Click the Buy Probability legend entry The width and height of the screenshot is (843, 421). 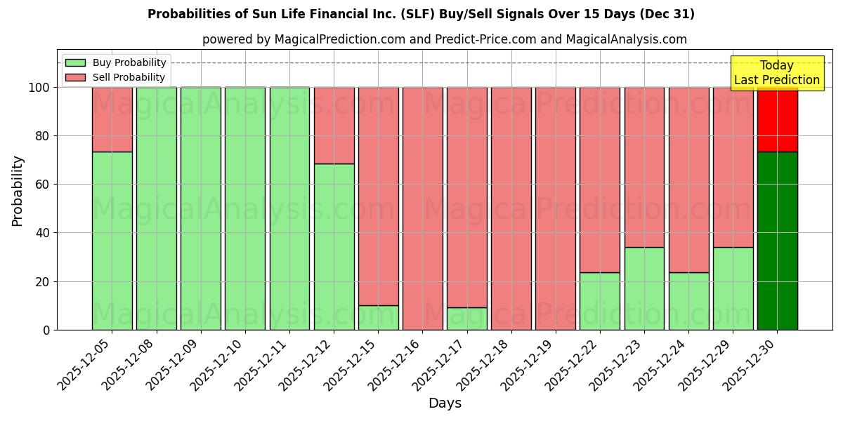pos(115,62)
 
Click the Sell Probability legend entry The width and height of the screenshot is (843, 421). pos(115,77)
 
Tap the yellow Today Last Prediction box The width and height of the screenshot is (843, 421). pos(776,73)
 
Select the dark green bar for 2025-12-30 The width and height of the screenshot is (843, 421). pos(778,241)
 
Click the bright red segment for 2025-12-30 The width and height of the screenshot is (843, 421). pos(778,119)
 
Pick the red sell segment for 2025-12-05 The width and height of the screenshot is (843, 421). pos(112,119)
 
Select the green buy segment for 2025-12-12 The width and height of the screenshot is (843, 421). pos(334,246)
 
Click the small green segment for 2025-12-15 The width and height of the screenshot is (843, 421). pos(379,317)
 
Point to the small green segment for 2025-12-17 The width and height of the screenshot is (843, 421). pos(467,319)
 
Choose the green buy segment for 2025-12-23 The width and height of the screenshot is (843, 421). pos(644,288)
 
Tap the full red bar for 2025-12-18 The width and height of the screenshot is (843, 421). pos(511,208)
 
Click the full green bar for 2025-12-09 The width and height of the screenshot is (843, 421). pos(201,208)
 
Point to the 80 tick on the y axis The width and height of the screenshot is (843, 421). pos(44,136)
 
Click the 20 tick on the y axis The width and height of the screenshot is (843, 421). pos(44,281)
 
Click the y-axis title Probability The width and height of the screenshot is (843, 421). pos(18,190)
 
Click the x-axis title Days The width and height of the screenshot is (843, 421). pos(445,403)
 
